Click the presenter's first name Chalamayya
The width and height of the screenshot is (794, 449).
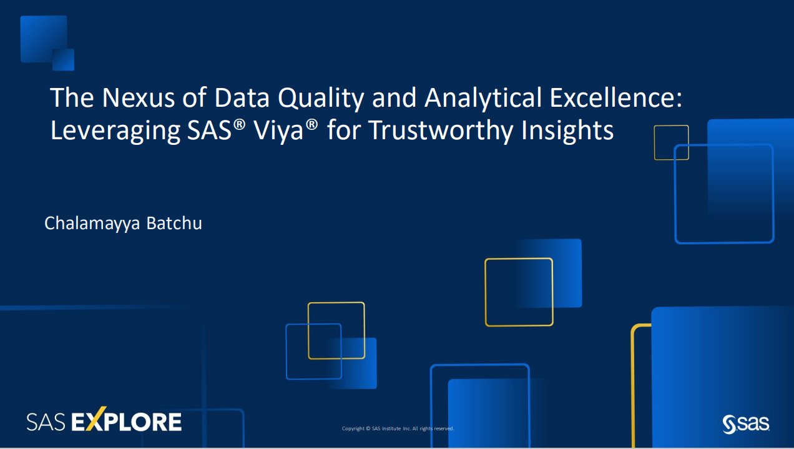click(x=92, y=224)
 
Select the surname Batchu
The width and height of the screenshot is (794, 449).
click(x=174, y=223)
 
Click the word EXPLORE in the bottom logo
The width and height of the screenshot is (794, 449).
click(x=127, y=422)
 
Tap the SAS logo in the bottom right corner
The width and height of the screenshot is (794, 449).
click(x=745, y=423)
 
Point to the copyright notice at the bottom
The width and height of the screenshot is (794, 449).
click(x=398, y=428)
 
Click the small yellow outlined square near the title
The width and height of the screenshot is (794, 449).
click(x=671, y=142)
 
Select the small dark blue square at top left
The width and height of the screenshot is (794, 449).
click(x=64, y=60)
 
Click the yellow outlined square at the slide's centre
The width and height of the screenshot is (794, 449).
click(x=519, y=292)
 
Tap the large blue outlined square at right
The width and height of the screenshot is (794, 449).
click(x=724, y=194)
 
